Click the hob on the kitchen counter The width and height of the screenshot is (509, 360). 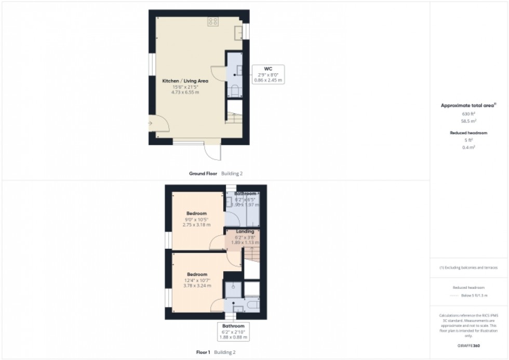pos(213,21)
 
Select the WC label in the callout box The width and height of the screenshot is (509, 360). pos(268,68)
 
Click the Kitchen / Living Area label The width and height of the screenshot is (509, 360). pos(179,82)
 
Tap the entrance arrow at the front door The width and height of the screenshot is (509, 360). pos(150,123)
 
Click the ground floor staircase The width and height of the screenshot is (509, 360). pos(235,119)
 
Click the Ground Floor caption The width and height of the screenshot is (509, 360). pos(204,173)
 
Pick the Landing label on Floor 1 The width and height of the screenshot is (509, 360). pos(245,231)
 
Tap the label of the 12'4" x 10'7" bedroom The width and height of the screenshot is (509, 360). pos(197,274)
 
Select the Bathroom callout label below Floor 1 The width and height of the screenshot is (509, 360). pos(233,326)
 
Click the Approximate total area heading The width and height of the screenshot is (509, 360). pos(468,105)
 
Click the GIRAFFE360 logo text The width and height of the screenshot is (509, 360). pos(468,344)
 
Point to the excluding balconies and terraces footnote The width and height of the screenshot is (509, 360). pos(468,268)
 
